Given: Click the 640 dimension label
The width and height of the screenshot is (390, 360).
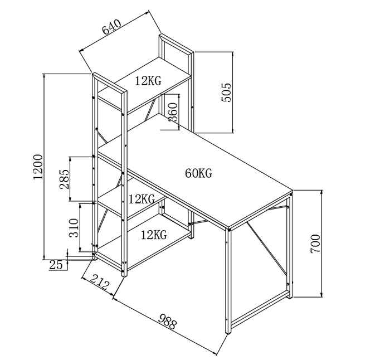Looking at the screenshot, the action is tap(111, 27).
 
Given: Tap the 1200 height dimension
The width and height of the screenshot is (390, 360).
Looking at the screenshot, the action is tap(38, 167).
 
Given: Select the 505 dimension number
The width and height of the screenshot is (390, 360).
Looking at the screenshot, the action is tap(226, 93).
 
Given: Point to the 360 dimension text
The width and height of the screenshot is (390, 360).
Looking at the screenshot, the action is tap(173, 111).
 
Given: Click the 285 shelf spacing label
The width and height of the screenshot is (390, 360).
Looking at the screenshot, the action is tap(64, 179).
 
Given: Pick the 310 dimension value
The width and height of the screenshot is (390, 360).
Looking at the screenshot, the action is tap(74, 227).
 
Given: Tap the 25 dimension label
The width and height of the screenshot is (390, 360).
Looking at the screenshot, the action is tap(56, 265).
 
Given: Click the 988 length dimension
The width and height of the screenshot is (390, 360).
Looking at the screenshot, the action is tap(168, 322).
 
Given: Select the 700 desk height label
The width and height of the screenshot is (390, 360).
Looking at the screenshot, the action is tap(315, 244).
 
